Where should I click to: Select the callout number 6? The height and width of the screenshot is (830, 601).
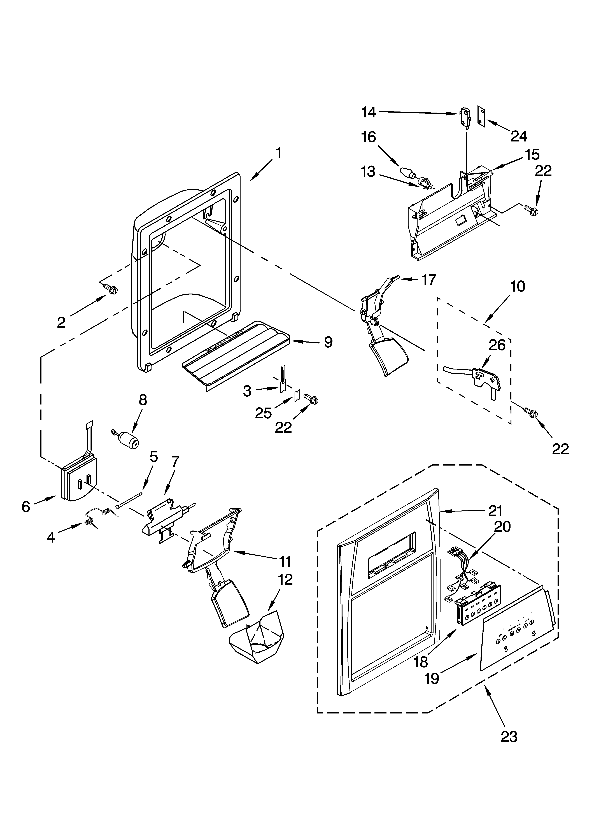coord(26,507)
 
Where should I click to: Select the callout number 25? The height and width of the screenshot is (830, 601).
coord(264,413)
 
